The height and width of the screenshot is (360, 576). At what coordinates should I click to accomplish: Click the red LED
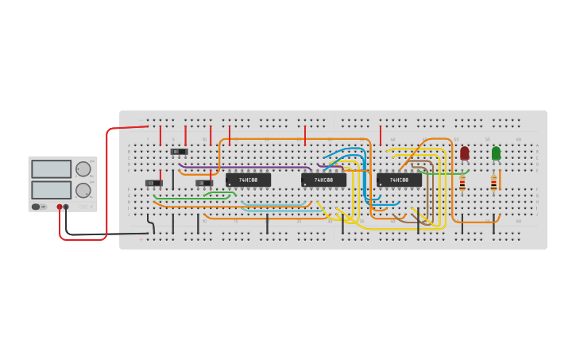click(465, 153)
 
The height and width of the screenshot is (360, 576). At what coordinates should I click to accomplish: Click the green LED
click(496, 153)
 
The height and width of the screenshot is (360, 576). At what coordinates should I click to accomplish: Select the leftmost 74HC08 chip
click(248, 180)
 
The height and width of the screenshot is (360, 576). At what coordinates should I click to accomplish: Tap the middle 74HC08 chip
click(323, 180)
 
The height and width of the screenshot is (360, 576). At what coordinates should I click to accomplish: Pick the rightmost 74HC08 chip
click(399, 180)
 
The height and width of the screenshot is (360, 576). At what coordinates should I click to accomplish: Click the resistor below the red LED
click(462, 184)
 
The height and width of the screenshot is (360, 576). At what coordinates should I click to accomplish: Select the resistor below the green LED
click(493, 184)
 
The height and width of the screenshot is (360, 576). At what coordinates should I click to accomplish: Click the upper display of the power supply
click(51, 168)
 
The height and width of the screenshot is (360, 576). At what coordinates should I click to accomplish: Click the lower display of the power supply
click(51, 190)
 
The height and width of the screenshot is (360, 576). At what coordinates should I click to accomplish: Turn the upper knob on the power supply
click(83, 168)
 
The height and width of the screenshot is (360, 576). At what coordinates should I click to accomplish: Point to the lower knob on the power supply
click(83, 190)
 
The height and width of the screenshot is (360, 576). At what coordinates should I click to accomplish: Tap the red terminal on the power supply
click(60, 207)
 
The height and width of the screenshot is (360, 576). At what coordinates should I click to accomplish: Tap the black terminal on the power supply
click(66, 207)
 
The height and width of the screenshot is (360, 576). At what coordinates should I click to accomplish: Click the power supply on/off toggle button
click(36, 207)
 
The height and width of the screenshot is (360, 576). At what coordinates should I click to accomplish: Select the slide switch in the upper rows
click(180, 151)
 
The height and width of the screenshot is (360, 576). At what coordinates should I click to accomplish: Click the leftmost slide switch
click(153, 183)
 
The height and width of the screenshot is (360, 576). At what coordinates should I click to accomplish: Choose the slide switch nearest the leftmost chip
click(204, 183)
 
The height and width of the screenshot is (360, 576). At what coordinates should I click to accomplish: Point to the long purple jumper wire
click(246, 167)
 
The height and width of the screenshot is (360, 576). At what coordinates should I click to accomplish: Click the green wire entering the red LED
click(445, 172)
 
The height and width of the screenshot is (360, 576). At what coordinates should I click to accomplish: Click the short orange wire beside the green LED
click(500, 179)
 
